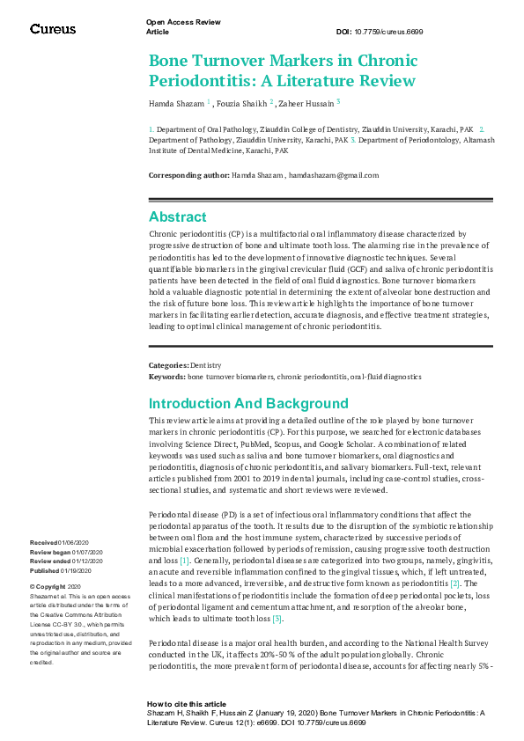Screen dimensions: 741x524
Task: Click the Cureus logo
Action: click(x=53, y=29)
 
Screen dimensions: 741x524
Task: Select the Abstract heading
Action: click(x=178, y=216)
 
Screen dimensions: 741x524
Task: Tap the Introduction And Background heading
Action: click(x=248, y=404)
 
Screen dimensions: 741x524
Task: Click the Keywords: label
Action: click(x=167, y=376)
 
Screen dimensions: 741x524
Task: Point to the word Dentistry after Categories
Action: click(x=206, y=364)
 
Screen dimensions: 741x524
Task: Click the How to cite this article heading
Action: click(x=187, y=704)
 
